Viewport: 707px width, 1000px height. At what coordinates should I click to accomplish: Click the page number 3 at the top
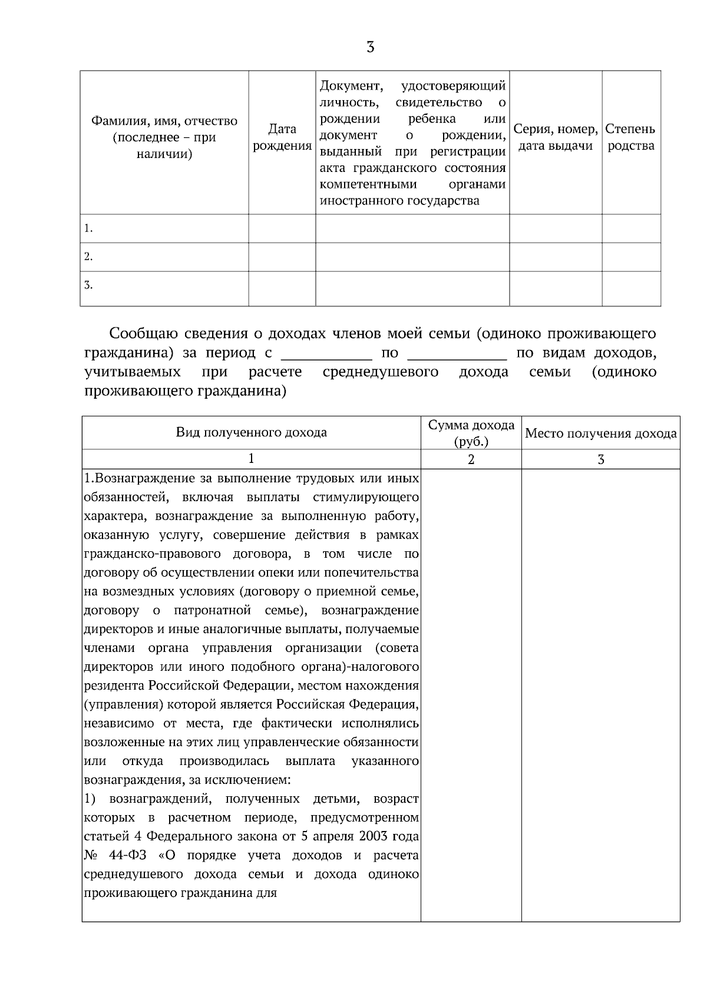(x=370, y=47)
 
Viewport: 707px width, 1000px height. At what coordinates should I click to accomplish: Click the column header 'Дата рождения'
(x=282, y=137)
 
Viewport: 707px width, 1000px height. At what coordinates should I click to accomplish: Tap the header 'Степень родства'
(x=630, y=137)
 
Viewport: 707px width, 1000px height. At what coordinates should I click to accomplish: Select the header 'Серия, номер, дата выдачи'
(x=556, y=137)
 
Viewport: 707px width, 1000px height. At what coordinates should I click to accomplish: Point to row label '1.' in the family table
(x=88, y=229)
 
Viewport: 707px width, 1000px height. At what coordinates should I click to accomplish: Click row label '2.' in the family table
(x=88, y=257)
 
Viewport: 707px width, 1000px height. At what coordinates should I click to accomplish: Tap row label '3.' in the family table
(x=88, y=286)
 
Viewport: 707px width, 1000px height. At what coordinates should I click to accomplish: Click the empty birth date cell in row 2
(x=282, y=257)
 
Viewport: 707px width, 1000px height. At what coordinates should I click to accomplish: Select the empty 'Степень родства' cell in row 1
(x=631, y=229)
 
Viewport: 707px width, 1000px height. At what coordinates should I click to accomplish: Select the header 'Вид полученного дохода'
(x=252, y=433)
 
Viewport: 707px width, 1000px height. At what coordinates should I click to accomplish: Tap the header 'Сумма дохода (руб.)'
(x=471, y=433)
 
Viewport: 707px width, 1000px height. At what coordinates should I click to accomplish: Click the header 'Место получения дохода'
(x=600, y=434)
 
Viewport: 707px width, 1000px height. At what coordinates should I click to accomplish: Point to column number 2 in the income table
(x=471, y=460)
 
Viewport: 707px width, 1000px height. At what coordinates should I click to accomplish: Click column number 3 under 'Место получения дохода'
(x=601, y=460)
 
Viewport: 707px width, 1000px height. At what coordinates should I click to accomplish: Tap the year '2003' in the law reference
(x=375, y=836)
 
